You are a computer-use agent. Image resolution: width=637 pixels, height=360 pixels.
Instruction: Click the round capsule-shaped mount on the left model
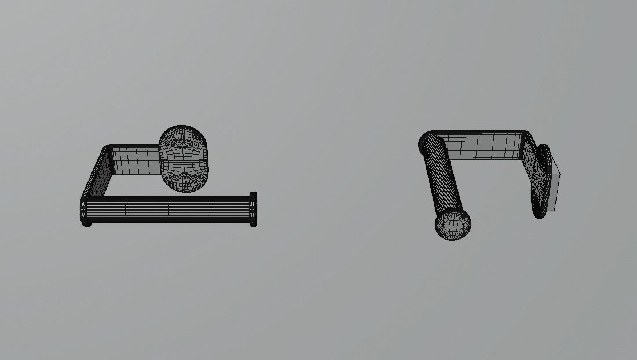(182, 159)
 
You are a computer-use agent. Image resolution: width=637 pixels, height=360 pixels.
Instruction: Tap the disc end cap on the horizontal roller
(253, 209)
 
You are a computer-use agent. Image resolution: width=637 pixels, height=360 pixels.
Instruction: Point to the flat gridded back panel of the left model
(134, 160)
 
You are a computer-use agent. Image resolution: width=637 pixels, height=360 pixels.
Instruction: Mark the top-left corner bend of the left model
(108, 150)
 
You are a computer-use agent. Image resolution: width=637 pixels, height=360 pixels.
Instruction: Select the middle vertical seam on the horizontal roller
(169, 209)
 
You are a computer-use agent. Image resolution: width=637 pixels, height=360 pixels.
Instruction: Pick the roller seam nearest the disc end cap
(211, 209)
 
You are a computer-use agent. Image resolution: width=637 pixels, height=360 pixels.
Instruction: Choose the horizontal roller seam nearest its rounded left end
(126, 210)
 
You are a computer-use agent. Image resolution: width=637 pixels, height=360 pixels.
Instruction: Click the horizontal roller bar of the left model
(168, 209)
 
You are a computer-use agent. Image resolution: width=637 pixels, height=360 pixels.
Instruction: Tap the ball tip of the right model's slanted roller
(453, 225)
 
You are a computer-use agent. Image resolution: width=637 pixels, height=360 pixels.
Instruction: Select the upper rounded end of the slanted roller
(429, 142)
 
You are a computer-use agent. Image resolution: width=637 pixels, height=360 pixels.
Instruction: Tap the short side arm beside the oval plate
(530, 165)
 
